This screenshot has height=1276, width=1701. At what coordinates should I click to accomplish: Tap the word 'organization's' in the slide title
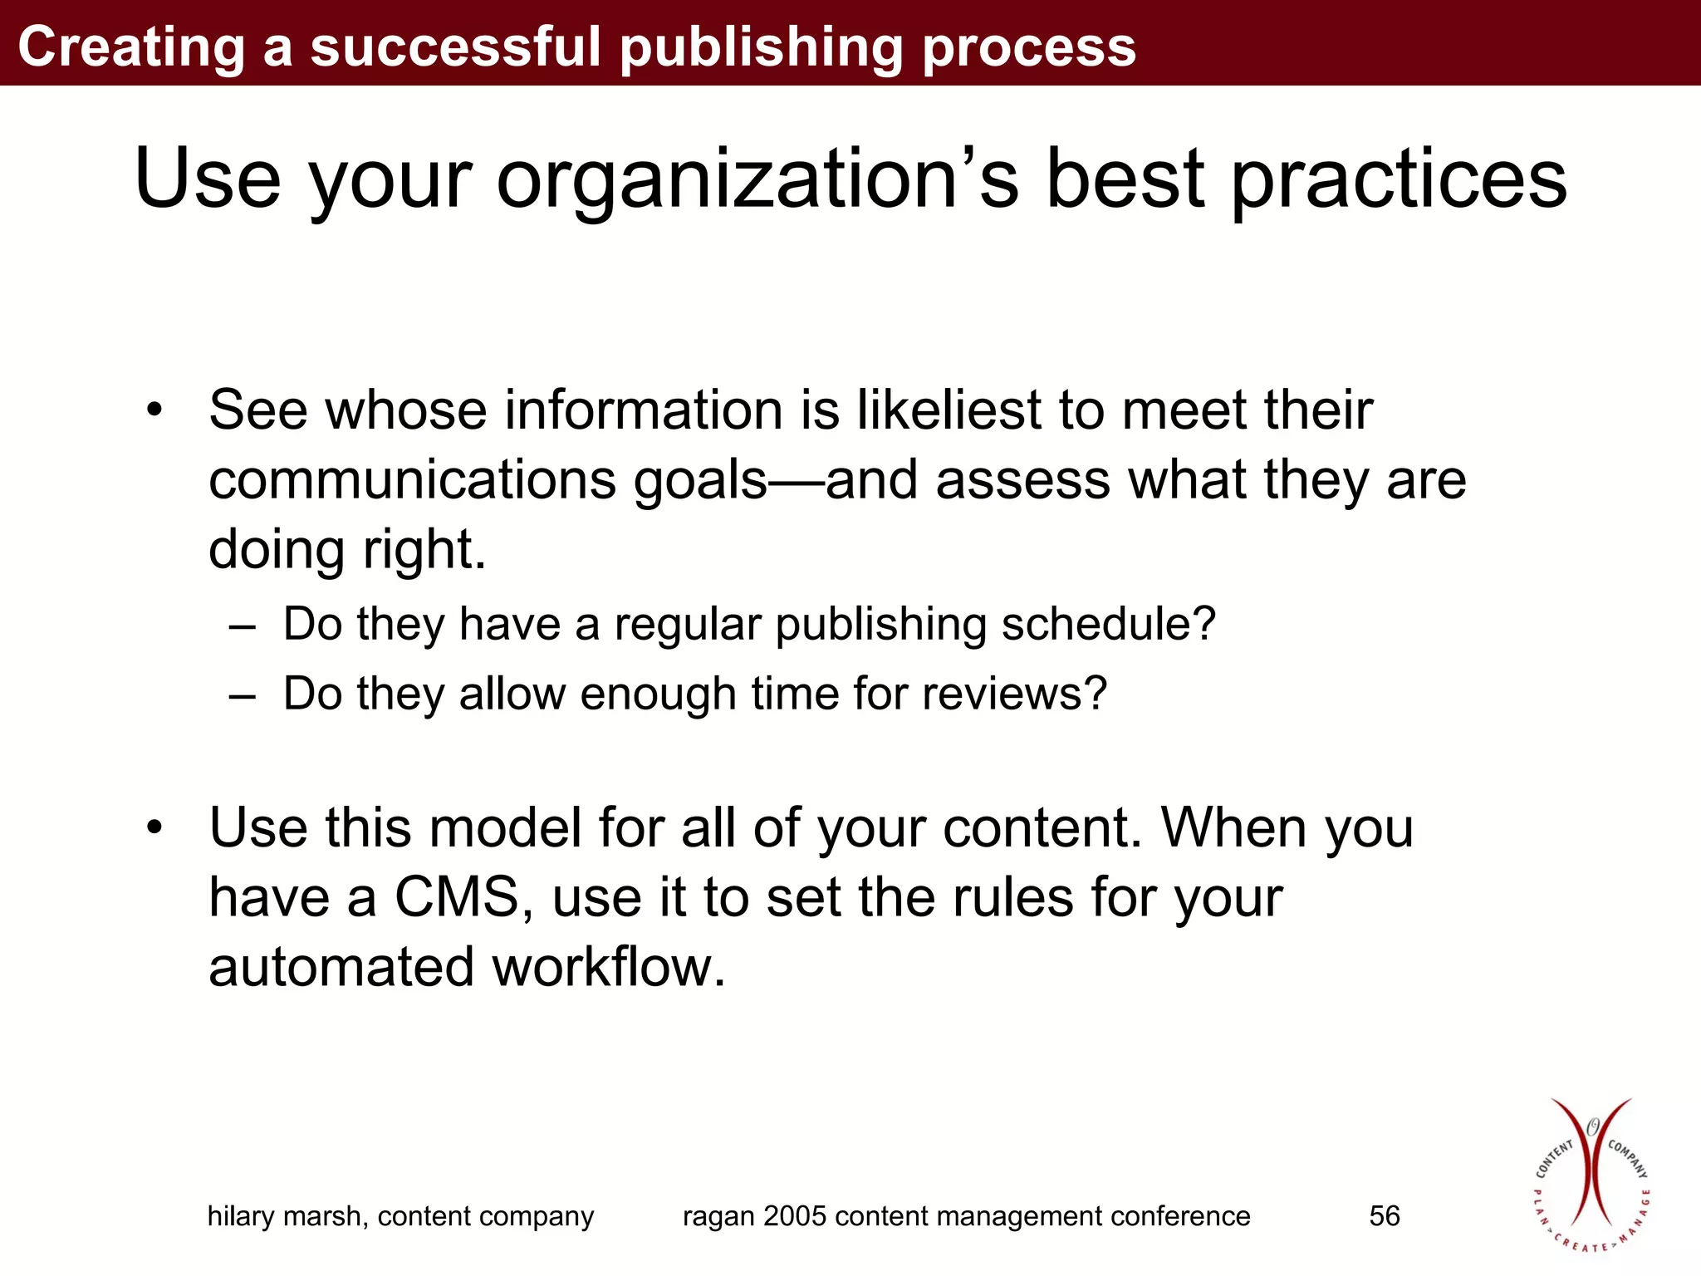tap(757, 180)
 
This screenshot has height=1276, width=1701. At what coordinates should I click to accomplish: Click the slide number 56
tap(1385, 1216)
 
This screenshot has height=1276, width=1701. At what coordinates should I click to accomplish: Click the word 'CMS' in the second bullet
tap(457, 898)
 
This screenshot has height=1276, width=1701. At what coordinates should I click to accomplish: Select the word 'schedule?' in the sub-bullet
tap(1109, 624)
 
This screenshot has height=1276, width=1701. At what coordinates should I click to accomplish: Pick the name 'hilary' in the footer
tap(241, 1217)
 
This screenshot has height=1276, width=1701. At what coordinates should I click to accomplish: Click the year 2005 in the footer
tap(795, 1216)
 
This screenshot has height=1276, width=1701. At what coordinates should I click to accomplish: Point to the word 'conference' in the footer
tap(1180, 1216)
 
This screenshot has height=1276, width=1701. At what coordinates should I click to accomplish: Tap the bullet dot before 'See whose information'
tap(154, 410)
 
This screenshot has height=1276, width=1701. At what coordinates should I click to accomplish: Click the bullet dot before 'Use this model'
tap(154, 828)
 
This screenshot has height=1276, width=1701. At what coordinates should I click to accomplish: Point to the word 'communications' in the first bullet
tap(413, 481)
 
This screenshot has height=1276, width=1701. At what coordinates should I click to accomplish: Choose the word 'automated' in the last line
tap(341, 968)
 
